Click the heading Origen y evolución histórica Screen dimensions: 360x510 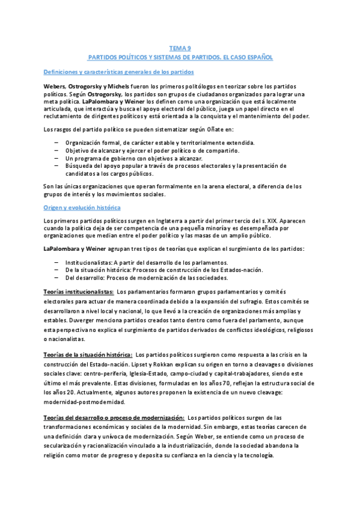[82, 207]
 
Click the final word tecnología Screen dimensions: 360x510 [255, 456]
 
